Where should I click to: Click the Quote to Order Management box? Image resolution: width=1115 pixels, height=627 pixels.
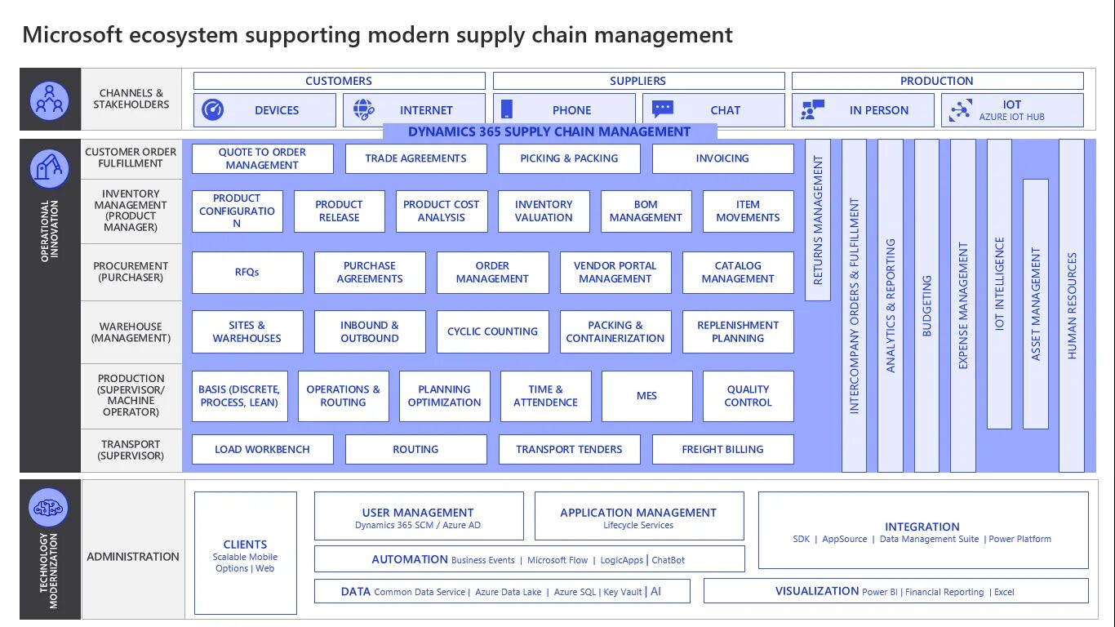[x=262, y=158]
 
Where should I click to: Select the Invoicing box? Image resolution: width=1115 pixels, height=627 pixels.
[x=722, y=158]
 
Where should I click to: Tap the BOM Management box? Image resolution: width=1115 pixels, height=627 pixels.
[x=646, y=211]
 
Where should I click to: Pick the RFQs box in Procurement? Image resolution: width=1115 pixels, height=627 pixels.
[x=247, y=272]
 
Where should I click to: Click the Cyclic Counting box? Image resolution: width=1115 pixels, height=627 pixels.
[x=492, y=331]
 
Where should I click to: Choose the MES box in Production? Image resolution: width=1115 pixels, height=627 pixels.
[x=646, y=396]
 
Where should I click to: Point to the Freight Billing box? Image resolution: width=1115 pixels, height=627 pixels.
[x=722, y=449]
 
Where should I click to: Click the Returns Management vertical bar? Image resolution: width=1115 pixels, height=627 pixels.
[x=818, y=220]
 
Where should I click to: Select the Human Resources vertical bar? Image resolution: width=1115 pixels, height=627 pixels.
[x=1072, y=305]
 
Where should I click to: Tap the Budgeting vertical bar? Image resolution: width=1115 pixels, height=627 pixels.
[x=926, y=305]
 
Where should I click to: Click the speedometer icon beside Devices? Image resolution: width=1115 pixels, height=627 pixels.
[x=213, y=109]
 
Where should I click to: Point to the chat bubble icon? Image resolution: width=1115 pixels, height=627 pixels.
[x=663, y=109]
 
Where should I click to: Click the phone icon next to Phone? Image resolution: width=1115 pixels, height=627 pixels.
[x=506, y=109]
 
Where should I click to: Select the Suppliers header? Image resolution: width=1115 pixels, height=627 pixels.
[x=637, y=81]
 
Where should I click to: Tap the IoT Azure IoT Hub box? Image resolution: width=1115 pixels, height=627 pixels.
[x=1012, y=110]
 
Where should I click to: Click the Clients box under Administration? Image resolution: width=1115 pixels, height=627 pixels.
[x=245, y=553]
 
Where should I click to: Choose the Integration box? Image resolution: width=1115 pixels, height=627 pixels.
[x=922, y=530]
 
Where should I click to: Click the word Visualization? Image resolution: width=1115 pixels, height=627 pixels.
[x=816, y=591]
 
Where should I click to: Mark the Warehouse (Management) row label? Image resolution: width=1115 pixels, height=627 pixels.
[x=131, y=332]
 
